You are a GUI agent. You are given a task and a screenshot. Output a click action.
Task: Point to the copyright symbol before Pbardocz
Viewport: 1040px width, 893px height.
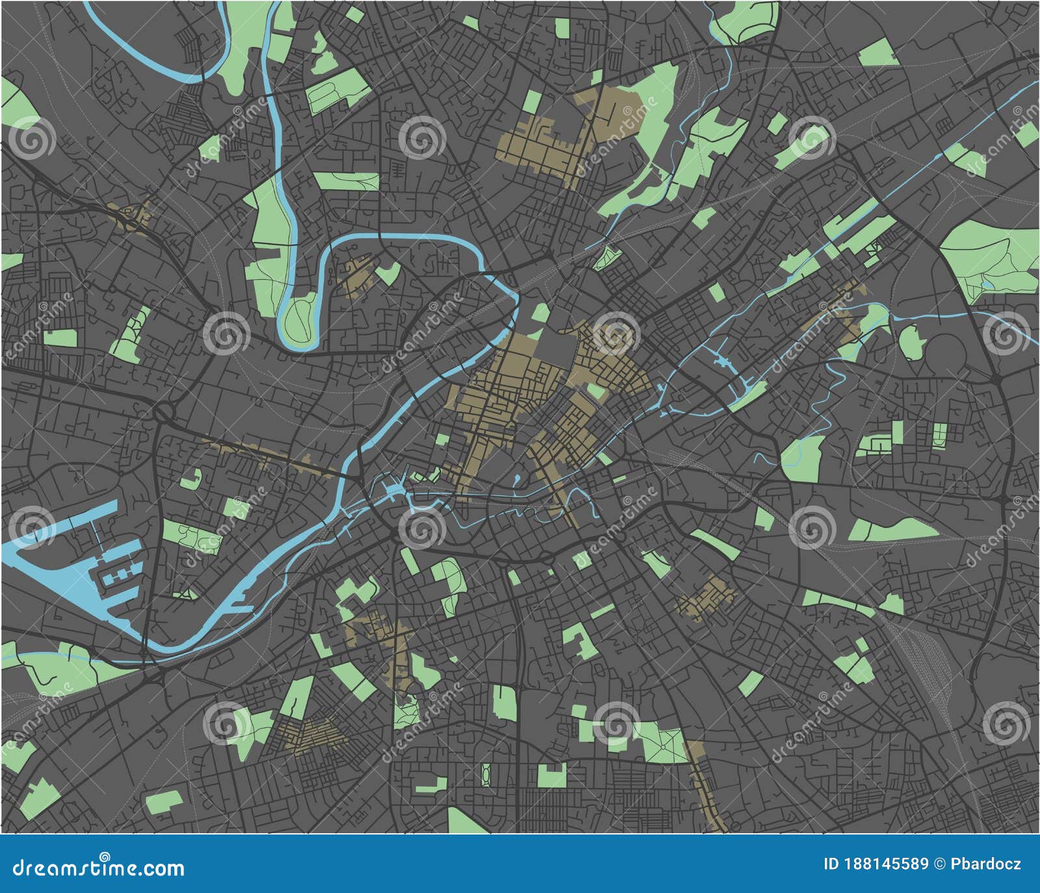point(940,864)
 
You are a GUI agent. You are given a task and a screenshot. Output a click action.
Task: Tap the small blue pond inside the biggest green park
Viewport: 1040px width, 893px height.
point(987,284)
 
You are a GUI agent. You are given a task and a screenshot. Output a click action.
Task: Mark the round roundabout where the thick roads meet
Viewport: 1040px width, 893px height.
point(165,411)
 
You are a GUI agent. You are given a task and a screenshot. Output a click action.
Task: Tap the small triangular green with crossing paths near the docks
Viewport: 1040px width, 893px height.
point(187,593)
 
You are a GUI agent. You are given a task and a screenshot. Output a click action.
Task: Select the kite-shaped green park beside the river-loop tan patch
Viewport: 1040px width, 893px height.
point(389,273)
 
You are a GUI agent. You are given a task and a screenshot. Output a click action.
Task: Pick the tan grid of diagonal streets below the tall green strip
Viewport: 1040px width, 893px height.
point(311,734)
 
